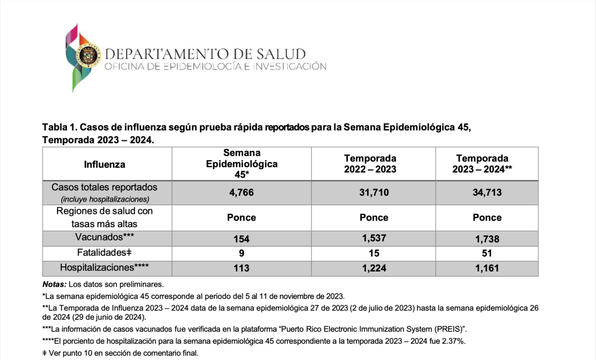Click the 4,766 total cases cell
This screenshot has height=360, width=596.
click(241, 192)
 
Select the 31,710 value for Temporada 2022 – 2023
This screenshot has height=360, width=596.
click(373, 192)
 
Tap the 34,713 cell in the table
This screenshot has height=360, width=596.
click(487, 192)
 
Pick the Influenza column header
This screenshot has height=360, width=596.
click(105, 164)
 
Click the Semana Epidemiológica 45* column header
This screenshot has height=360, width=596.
click(241, 164)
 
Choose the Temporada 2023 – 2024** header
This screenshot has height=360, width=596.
click(486, 164)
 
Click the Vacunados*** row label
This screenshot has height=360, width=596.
click(105, 238)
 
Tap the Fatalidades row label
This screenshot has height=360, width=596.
click(105, 253)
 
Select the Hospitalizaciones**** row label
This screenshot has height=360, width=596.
click(105, 268)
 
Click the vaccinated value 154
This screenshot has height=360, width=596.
click(241, 238)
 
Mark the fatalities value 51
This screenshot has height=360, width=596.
click(487, 253)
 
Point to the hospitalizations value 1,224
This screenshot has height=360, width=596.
click(373, 269)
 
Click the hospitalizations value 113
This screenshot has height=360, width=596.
click(241, 269)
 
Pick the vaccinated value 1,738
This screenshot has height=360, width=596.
click(487, 238)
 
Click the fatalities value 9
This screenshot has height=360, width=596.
click(241, 253)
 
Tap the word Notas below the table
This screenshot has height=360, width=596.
click(54, 285)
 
